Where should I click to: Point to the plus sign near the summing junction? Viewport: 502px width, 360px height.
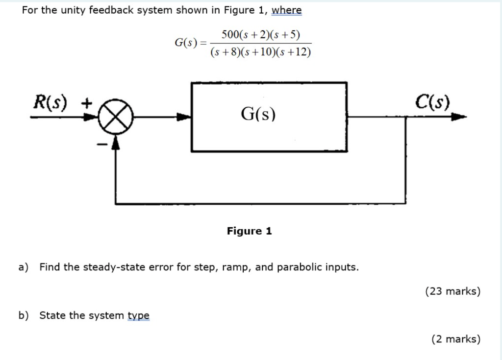[x=86, y=103]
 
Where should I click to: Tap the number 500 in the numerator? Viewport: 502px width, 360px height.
[x=230, y=35]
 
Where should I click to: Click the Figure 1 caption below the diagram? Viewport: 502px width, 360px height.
[x=249, y=231]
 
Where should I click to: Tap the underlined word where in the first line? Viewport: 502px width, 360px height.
[x=287, y=10]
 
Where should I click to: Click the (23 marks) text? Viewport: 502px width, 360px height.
[x=452, y=291]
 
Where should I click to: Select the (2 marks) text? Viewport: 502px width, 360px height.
[x=455, y=339]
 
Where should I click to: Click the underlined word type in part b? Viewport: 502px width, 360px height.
[x=138, y=315]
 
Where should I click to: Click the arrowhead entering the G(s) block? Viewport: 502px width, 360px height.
[x=183, y=118]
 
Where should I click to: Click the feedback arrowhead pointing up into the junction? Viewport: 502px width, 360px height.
[x=115, y=142]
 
